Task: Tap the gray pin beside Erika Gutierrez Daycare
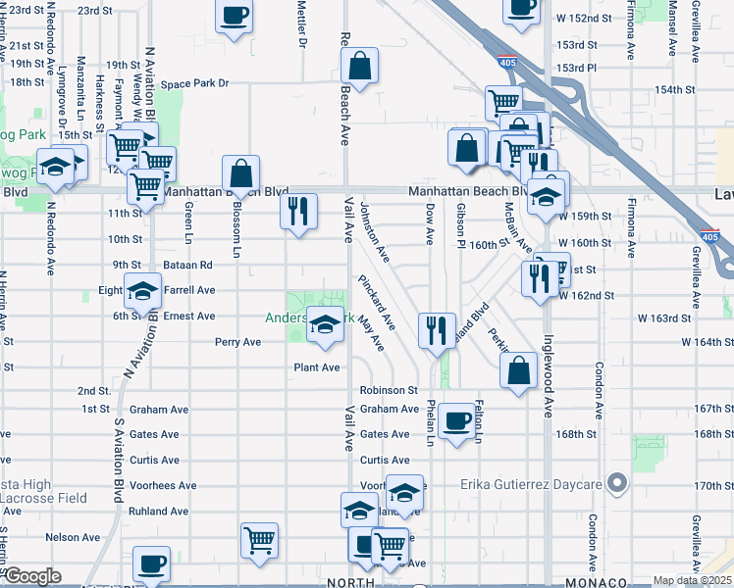pos(616,483)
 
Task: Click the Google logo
pos(32,576)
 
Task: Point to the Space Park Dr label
pos(194,84)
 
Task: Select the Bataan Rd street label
pos(189,265)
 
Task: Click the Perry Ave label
pos(238,342)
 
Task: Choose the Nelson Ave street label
pos(73,537)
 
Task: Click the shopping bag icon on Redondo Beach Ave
pos(361,66)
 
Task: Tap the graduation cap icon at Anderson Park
pos(324,322)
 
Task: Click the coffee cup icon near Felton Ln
pos(455,420)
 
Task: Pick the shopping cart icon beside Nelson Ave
pos(259,539)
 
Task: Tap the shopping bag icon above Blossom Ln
pos(241,173)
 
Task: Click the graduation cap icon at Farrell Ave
pos(143,291)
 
